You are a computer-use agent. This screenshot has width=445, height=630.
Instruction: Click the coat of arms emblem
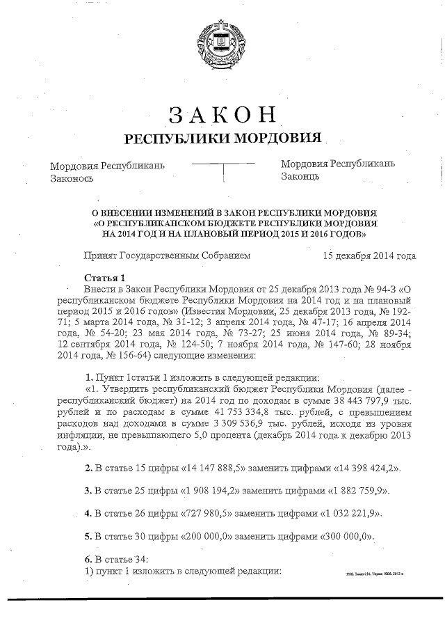pos(222,44)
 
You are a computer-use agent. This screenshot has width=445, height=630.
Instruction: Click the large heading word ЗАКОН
pos(222,115)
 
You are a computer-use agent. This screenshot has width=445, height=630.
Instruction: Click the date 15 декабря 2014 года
pos(370,256)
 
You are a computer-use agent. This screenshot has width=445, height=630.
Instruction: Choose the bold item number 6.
pos(88,560)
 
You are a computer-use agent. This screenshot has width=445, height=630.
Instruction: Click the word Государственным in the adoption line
pos(168,256)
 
